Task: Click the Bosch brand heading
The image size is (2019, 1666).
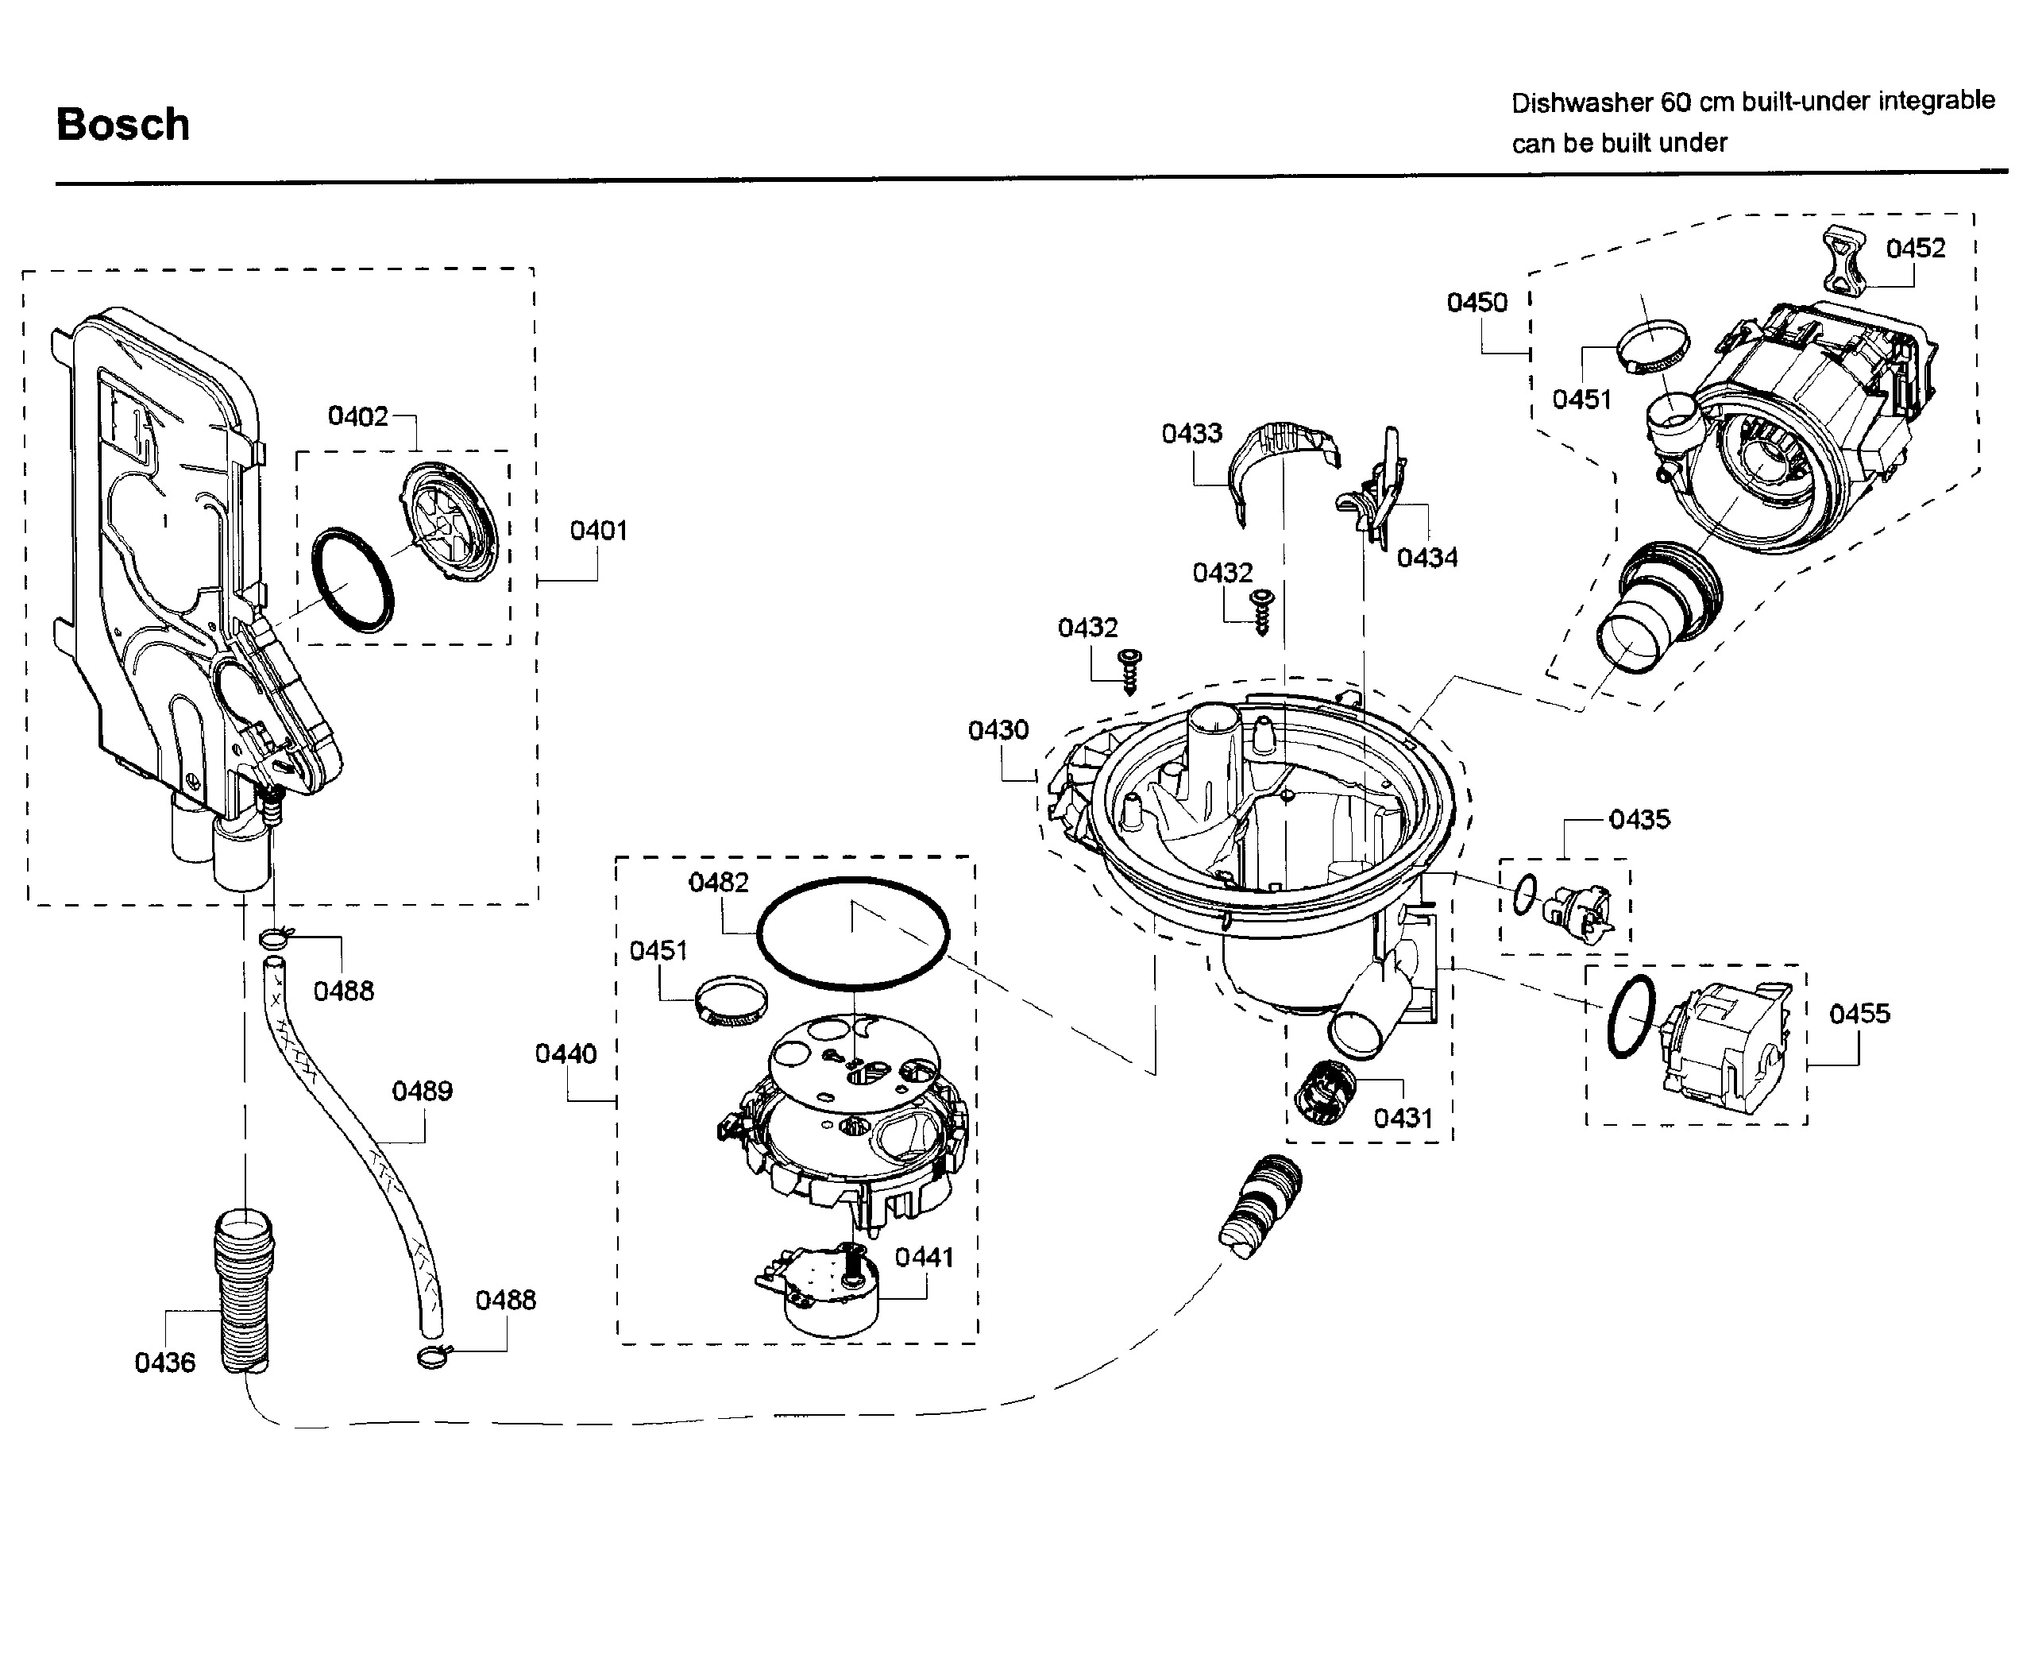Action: point(123,125)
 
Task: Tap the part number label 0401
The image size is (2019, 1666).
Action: point(598,531)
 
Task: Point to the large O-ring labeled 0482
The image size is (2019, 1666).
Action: point(852,932)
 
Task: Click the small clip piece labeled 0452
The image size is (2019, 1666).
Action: point(1847,257)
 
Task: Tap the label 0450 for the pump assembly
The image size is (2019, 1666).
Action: point(1476,303)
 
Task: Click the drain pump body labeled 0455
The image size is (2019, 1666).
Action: point(1724,1046)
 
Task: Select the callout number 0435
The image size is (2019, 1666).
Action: point(1639,820)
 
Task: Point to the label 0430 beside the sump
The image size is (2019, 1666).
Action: point(998,730)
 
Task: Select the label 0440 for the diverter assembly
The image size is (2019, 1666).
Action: point(566,1053)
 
